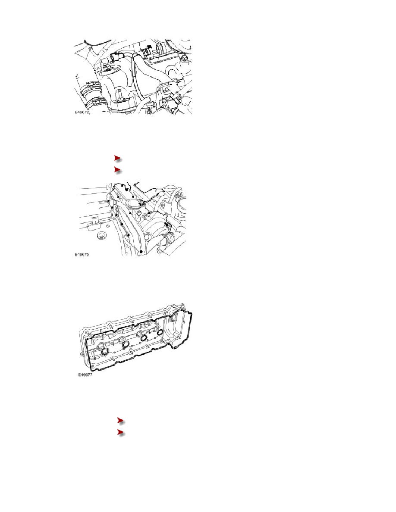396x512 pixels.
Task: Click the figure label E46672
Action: (x=82, y=112)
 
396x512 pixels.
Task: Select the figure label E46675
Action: (x=82, y=254)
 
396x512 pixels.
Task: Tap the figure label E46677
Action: (x=85, y=375)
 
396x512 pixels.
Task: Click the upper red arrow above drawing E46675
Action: (x=118, y=159)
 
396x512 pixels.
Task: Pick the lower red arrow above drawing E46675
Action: (x=118, y=170)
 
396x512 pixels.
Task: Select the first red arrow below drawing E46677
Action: (x=122, y=421)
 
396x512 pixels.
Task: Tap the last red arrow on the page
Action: (x=122, y=433)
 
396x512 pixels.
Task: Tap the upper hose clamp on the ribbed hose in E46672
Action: (x=91, y=86)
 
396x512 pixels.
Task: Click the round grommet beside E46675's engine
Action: (x=102, y=235)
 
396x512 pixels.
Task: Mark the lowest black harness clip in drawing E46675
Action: (x=140, y=251)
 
